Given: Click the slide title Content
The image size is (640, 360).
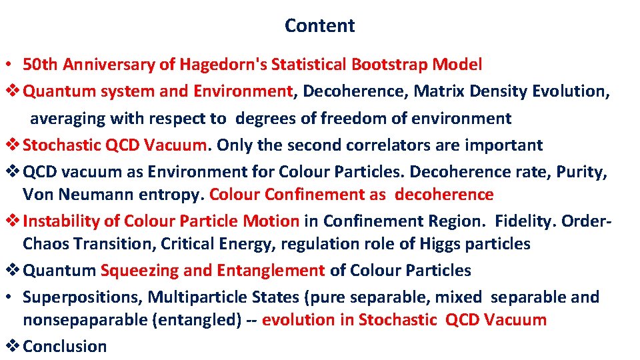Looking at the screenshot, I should pos(319,25).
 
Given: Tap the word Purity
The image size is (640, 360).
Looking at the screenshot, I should pos(581,172).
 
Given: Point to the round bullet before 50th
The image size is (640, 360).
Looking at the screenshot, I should pos(12,65).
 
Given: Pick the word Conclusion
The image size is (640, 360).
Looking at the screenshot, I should pos(65,347).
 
